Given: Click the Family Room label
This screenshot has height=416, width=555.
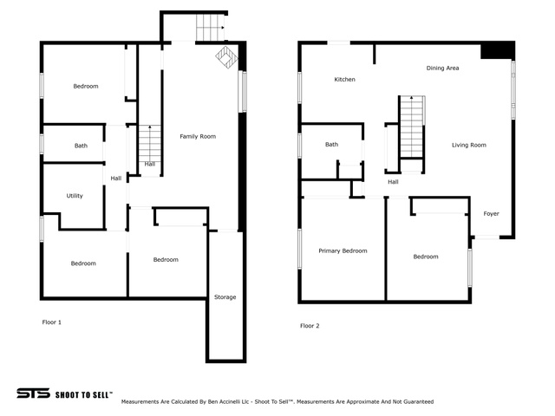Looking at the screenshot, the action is (x=198, y=136).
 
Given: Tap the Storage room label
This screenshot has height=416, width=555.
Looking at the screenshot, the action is (x=225, y=296).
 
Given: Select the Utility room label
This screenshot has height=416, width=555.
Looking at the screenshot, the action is (x=75, y=196).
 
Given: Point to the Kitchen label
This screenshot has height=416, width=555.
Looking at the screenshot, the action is (x=344, y=79).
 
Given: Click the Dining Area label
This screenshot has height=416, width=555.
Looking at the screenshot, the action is (x=442, y=68).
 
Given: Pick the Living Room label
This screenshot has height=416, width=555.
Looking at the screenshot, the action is (x=469, y=145).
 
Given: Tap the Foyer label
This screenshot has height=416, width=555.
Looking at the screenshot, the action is (x=492, y=214).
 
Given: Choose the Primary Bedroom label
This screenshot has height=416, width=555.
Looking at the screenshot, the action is (x=343, y=250).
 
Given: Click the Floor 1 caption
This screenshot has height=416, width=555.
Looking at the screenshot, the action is (x=52, y=322).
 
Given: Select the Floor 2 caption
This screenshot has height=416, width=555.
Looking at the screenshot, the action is (x=310, y=326).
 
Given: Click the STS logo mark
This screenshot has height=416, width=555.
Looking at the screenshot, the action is (x=33, y=393).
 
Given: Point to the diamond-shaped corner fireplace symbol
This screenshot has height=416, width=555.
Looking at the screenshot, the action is (x=226, y=57).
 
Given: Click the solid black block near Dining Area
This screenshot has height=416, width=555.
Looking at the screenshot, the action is (x=497, y=50).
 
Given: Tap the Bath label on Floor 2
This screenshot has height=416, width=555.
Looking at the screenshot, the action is (x=331, y=145).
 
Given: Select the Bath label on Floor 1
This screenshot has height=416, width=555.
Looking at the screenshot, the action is (x=81, y=146).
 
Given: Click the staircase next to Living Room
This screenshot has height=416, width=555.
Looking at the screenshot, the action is (x=411, y=127).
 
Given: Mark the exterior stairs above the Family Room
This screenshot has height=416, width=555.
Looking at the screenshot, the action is (x=211, y=27).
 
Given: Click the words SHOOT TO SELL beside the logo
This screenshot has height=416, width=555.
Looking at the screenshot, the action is (x=84, y=395).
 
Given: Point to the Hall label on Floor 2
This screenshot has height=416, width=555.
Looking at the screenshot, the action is (x=393, y=182).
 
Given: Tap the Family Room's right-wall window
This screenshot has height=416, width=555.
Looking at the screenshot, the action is (x=243, y=91).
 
